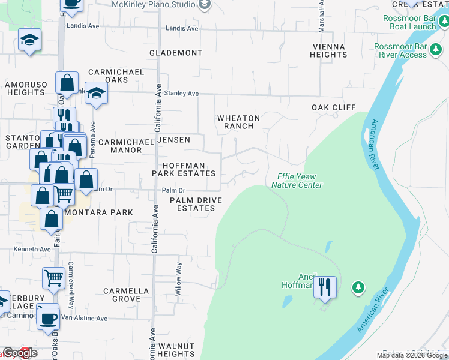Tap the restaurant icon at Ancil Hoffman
(325, 287)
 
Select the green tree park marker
(358, 288)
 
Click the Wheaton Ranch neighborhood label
(238, 122)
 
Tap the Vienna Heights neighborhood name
(328, 50)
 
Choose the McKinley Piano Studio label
(154, 4)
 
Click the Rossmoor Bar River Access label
(400, 50)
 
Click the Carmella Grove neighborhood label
(126, 294)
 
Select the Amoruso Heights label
(25, 88)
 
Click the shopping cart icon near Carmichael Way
(53, 278)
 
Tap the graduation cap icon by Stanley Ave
(95, 94)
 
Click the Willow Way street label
(178, 277)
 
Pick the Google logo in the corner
(20, 353)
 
